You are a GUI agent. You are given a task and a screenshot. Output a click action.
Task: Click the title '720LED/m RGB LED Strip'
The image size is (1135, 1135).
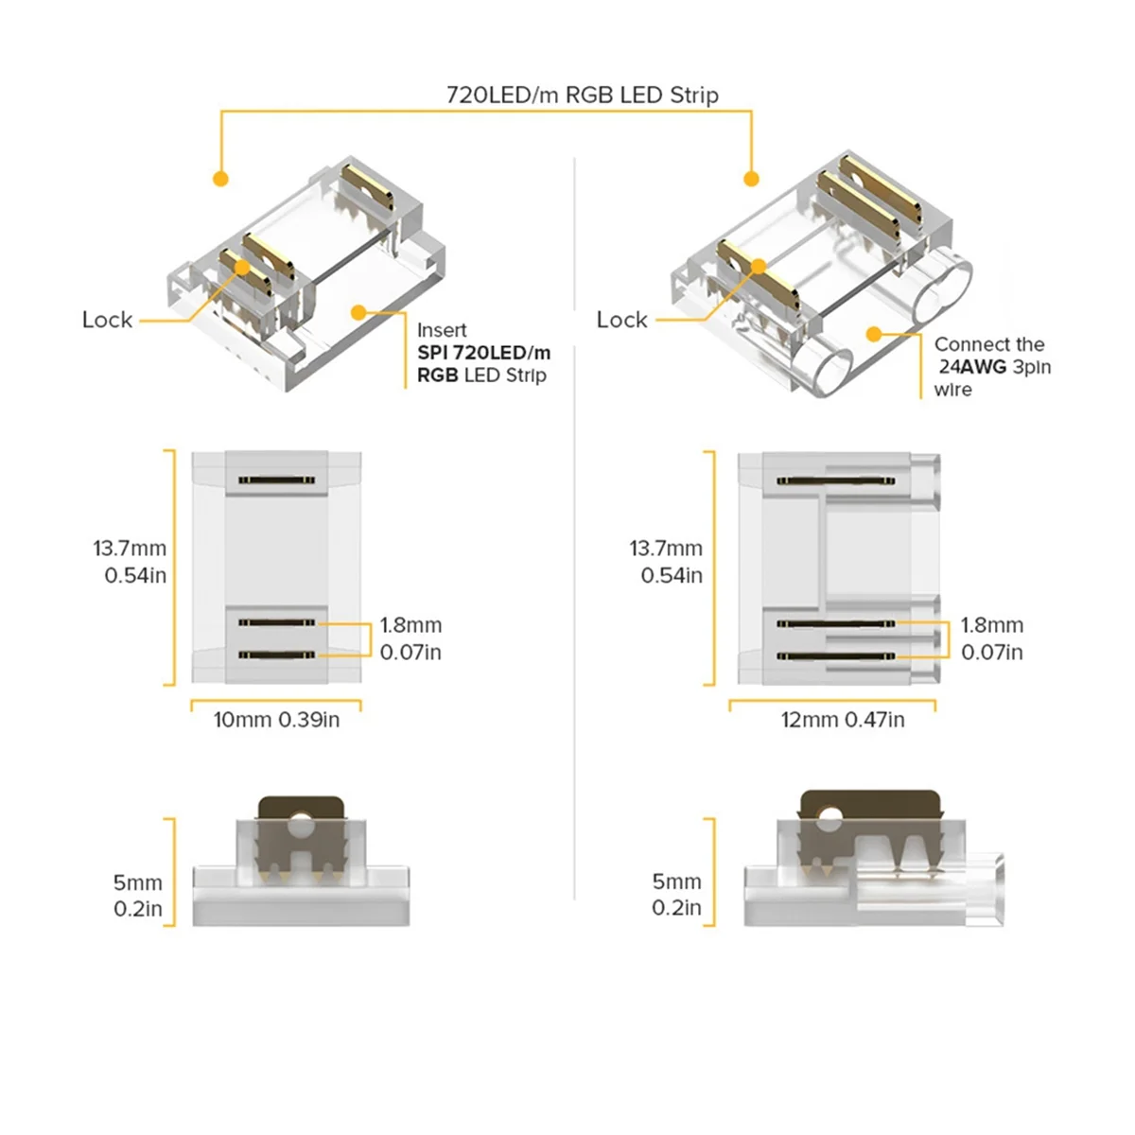click(582, 95)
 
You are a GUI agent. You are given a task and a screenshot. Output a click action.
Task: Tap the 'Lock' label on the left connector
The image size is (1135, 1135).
click(107, 320)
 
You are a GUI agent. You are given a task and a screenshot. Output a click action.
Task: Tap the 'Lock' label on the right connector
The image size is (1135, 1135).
click(621, 320)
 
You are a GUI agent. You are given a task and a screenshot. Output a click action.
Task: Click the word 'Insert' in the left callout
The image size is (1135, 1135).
click(442, 330)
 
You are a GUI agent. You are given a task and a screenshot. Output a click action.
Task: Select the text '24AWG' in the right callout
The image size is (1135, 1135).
click(972, 367)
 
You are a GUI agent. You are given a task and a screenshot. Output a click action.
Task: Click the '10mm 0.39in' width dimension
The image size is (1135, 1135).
click(276, 720)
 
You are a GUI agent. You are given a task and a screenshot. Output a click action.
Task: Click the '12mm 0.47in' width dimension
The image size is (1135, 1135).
click(842, 720)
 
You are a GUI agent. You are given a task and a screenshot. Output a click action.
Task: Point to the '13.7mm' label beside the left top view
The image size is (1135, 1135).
click(130, 549)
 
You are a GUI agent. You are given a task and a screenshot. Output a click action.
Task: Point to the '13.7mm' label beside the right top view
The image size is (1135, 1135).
click(666, 549)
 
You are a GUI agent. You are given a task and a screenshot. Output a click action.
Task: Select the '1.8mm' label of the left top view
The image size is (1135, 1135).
click(410, 625)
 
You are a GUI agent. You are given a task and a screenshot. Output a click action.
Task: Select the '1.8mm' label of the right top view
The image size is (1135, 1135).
click(991, 625)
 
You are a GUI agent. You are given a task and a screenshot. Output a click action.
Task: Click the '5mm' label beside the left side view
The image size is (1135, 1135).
click(138, 882)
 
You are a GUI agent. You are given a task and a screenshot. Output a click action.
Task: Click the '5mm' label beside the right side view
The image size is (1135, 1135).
click(676, 882)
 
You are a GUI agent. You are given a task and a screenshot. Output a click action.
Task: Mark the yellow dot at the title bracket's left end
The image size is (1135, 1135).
click(220, 178)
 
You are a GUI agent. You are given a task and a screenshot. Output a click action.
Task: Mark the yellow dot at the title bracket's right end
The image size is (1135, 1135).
click(752, 178)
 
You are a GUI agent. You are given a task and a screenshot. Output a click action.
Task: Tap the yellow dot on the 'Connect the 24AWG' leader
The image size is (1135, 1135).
click(874, 334)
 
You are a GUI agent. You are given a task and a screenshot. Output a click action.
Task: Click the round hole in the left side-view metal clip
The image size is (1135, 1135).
click(302, 826)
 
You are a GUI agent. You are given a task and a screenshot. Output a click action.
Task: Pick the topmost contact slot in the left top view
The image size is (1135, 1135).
click(276, 480)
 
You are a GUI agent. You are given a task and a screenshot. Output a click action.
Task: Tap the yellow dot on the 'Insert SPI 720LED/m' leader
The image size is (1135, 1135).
click(358, 311)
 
